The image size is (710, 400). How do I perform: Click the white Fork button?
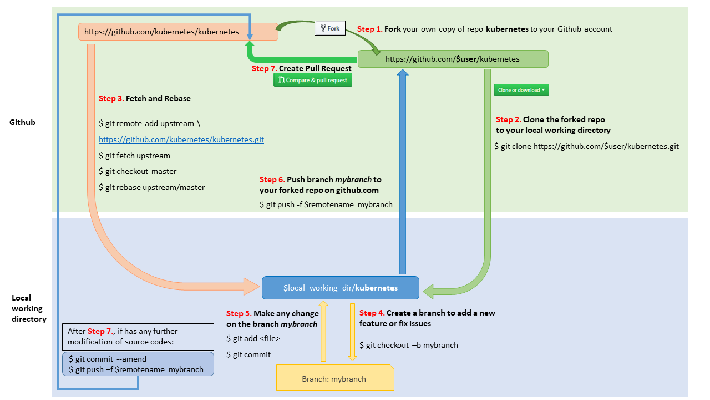pos(330,28)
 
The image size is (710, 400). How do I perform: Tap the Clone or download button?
pos(521,90)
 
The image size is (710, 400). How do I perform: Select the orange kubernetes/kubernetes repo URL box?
pos(177,32)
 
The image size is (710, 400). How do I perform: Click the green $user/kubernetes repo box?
pos(453,59)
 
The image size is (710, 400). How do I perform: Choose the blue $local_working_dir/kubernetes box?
pos(340,288)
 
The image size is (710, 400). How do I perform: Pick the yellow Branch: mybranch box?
pos(334,379)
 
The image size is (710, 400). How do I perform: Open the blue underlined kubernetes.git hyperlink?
pos(181,140)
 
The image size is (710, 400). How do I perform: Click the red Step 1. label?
pos(370,29)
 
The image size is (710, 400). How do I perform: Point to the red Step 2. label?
pos(508,119)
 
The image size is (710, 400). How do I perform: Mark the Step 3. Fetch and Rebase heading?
pos(145,98)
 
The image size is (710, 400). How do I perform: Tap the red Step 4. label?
pos(372,313)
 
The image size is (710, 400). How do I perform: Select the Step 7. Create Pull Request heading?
pos(301,68)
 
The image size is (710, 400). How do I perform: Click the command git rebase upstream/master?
pos(151,187)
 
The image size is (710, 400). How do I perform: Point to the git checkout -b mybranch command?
pos(409,345)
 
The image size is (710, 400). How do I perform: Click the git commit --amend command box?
pos(137,364)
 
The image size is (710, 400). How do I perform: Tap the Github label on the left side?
pos(22,122)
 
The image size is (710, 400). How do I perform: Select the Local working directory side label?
pos(27,308)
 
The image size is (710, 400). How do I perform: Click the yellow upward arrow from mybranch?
pos(323,331)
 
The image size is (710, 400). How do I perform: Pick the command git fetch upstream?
pos(134,156)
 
